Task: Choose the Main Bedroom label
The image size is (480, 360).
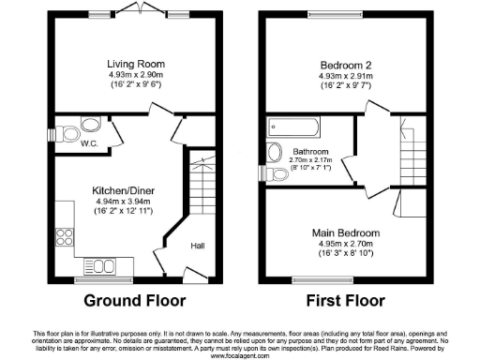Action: [347, 232]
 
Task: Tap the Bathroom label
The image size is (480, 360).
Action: [309, 151]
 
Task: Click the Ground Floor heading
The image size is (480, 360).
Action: [135, 302]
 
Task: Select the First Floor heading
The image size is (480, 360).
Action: [346, 302]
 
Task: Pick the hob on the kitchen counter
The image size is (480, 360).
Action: [66, 240]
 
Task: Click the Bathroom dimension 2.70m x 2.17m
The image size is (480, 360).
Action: [309, 160]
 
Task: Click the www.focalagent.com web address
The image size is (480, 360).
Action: [240, 355]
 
